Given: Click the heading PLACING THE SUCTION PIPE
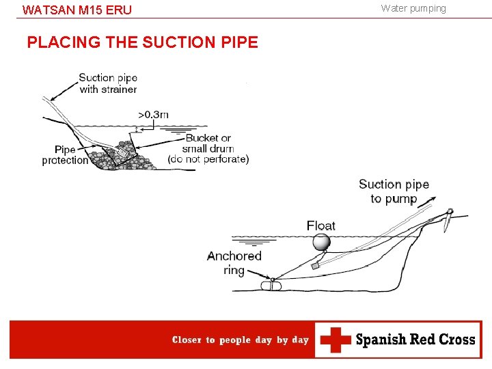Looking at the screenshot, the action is click(142, 42).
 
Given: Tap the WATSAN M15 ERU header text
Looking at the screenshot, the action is click(77, 10).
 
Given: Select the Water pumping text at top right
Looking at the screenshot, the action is click(413, 8).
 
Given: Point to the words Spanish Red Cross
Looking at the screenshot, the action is click(415, 340).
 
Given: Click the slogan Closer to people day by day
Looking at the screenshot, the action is click(240, 340).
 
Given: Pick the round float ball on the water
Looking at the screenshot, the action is click(320, 242).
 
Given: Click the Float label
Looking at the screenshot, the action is click(320, 225).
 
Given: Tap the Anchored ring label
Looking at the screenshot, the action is click(234, 263).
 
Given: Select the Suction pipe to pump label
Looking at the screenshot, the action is click(394, 191).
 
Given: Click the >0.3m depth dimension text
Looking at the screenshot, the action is click(153, 114).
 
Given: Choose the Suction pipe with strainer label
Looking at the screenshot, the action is click(108, 83).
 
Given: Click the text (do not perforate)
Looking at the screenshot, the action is click(208, 159).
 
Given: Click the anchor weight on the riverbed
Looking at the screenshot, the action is click(271, 286).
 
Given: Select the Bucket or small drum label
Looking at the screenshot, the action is click(208, 143).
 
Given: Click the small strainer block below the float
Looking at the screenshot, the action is click(315, 266).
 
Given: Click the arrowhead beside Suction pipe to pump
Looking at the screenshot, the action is click(431, 199).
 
